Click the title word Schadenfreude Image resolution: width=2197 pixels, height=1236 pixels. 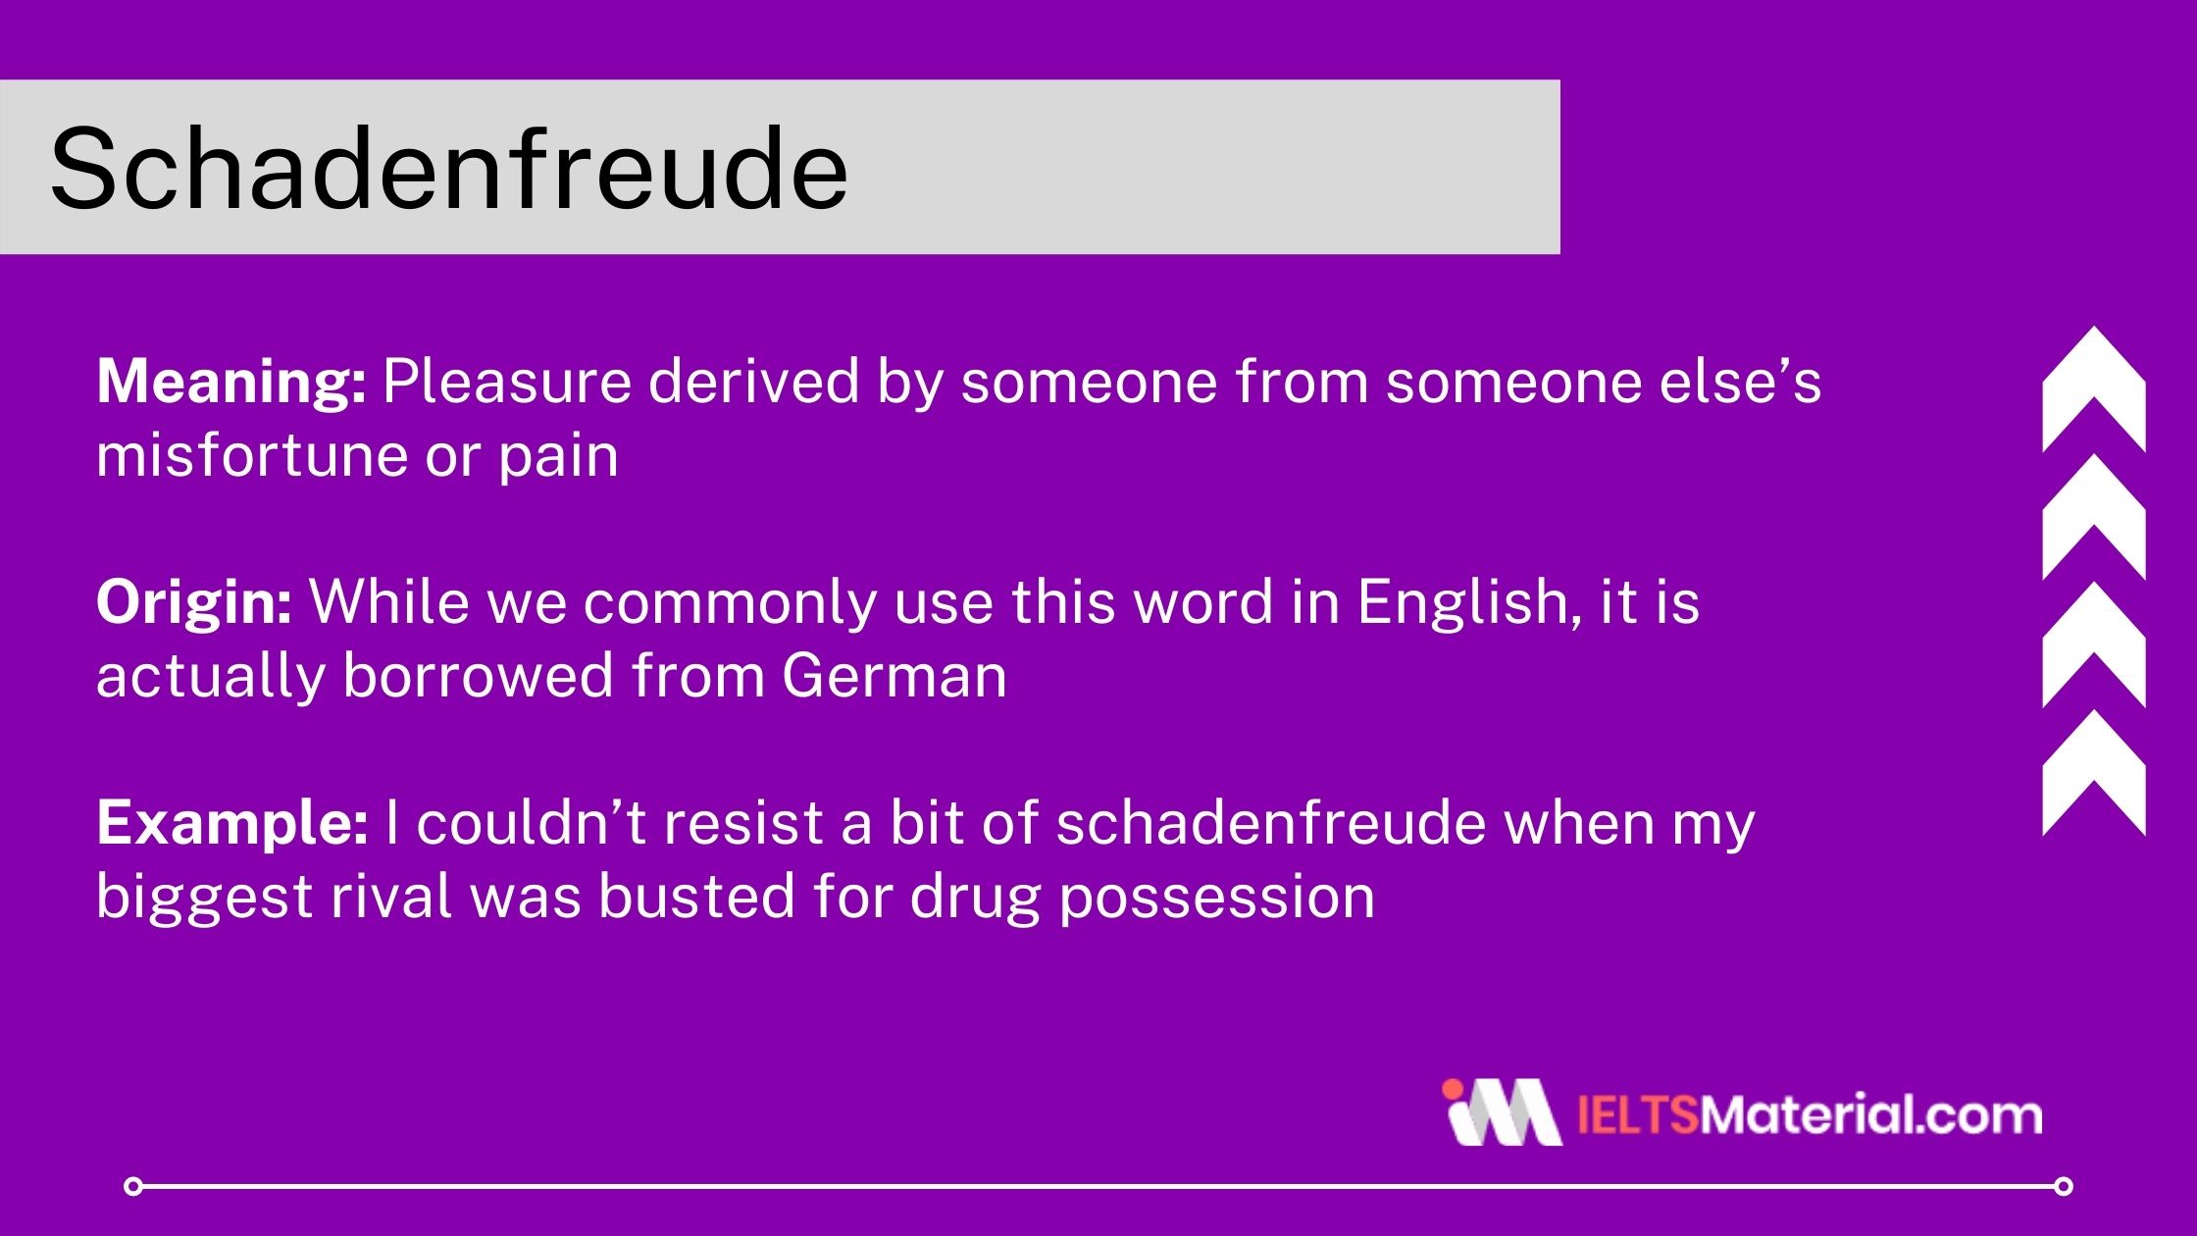point(448,169)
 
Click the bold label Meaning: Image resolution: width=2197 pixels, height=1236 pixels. point(231,382)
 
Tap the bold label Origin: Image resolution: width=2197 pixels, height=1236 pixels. point(193,602)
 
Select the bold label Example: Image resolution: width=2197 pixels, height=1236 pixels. point(231,823)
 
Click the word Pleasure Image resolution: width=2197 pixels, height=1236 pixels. point(506,382)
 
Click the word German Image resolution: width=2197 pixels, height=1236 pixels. point(894,677)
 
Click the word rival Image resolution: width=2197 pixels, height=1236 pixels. point(389,898)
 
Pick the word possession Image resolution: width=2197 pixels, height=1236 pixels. point(1217,898)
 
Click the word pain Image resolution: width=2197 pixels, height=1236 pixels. point(558,456)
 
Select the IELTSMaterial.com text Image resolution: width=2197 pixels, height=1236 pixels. point(1810,1116)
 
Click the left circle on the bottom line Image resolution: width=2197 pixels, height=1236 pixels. point(133,1187)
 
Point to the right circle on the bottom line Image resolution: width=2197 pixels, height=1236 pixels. point(2064,1187)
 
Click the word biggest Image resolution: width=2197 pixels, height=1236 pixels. point(203,898)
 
